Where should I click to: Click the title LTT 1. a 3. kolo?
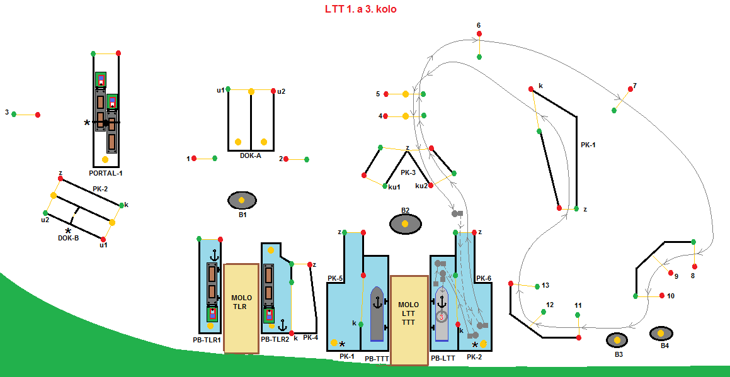click(x=360, y=9)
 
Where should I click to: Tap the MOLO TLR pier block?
click(x=241, y=308)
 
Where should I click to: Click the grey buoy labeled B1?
click(x=242, y=200)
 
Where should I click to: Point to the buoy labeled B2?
click(x=406, y=223)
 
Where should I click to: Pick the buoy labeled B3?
click(x=617, y=340)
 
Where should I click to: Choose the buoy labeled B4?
click(x=661, y=333)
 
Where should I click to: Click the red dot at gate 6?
click(x=479, y=33)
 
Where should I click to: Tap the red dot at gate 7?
click(x=629, y=89)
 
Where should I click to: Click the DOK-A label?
click(x=250, y=155)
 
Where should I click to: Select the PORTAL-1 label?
click(x=106, y=172)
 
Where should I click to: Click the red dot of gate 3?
click(x=38, y=115)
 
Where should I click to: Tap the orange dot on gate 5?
click(x=406, y=94)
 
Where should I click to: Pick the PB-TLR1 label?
click(x=207, y=340)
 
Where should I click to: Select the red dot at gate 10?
click(x=662, y=295)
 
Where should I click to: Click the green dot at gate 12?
click(x=544, y=312)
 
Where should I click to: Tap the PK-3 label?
click(x=408, y=172)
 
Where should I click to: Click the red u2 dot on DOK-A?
click(x=273, y=91)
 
